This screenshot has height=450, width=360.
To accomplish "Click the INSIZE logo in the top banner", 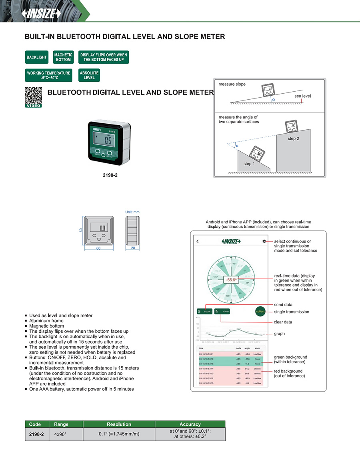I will [42, 14].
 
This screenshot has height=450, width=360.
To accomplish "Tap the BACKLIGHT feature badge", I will [37, 57].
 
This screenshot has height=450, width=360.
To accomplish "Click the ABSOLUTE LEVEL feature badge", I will [89, 75].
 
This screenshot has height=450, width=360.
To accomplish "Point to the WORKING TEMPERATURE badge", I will [48, 75].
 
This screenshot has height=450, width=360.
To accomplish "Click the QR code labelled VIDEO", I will [33, 97].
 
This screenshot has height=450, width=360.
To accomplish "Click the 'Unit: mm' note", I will [132, 212].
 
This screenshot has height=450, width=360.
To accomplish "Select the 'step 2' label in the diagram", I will [293, 139].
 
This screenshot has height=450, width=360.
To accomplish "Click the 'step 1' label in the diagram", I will [248, 164].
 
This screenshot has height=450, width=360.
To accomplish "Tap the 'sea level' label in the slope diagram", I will [302, 96].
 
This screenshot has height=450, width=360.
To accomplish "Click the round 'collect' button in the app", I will [260, 311].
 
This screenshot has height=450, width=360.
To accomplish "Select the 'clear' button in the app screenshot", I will [222, 311].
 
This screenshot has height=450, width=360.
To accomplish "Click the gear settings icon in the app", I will [264, 241].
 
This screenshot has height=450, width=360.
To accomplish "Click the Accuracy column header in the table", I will [190, 424].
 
